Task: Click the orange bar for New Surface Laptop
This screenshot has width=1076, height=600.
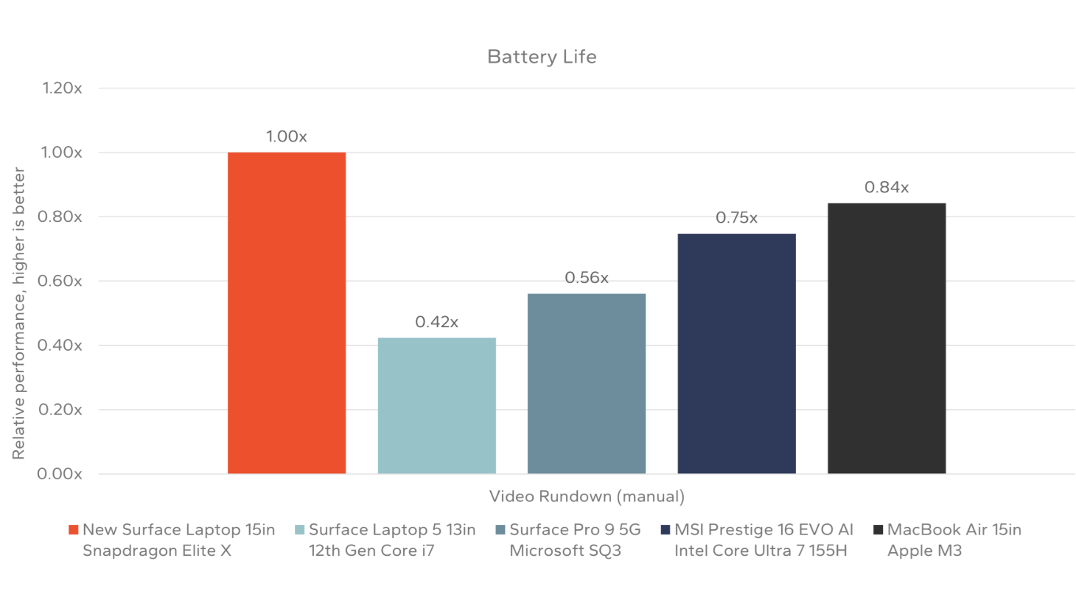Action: coord(286,313)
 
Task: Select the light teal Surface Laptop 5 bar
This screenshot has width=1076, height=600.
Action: coord(436,405)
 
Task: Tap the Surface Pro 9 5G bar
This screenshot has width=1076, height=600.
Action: coord(586,383)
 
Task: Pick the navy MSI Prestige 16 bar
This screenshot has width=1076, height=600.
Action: coord(736,353)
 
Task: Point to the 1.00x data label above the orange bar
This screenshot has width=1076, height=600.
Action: coord(286,136)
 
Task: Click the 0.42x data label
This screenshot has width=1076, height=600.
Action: coord(436,322)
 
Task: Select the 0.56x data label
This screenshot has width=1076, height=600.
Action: coord(586,278)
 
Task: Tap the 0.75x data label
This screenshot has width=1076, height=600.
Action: coord(736,218)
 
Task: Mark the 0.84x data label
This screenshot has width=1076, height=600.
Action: coord(886,188)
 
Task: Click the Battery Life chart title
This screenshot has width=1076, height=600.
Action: coord(542,57)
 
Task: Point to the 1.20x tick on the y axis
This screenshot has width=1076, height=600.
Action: coord(62,88)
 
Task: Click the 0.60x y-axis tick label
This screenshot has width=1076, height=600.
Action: coord(60,281)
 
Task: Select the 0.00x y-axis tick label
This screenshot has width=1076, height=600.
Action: coord(60,474)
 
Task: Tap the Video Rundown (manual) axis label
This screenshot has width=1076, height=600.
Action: coord(587,497)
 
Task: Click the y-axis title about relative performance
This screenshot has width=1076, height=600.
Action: coord(18,313)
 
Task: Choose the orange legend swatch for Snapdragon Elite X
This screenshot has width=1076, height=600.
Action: coord(73,530)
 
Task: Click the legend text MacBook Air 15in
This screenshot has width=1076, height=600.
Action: coord(954,530)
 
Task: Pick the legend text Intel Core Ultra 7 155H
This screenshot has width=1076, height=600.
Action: coord(760,551)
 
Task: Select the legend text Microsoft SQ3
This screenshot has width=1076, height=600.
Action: coord(565,551)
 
